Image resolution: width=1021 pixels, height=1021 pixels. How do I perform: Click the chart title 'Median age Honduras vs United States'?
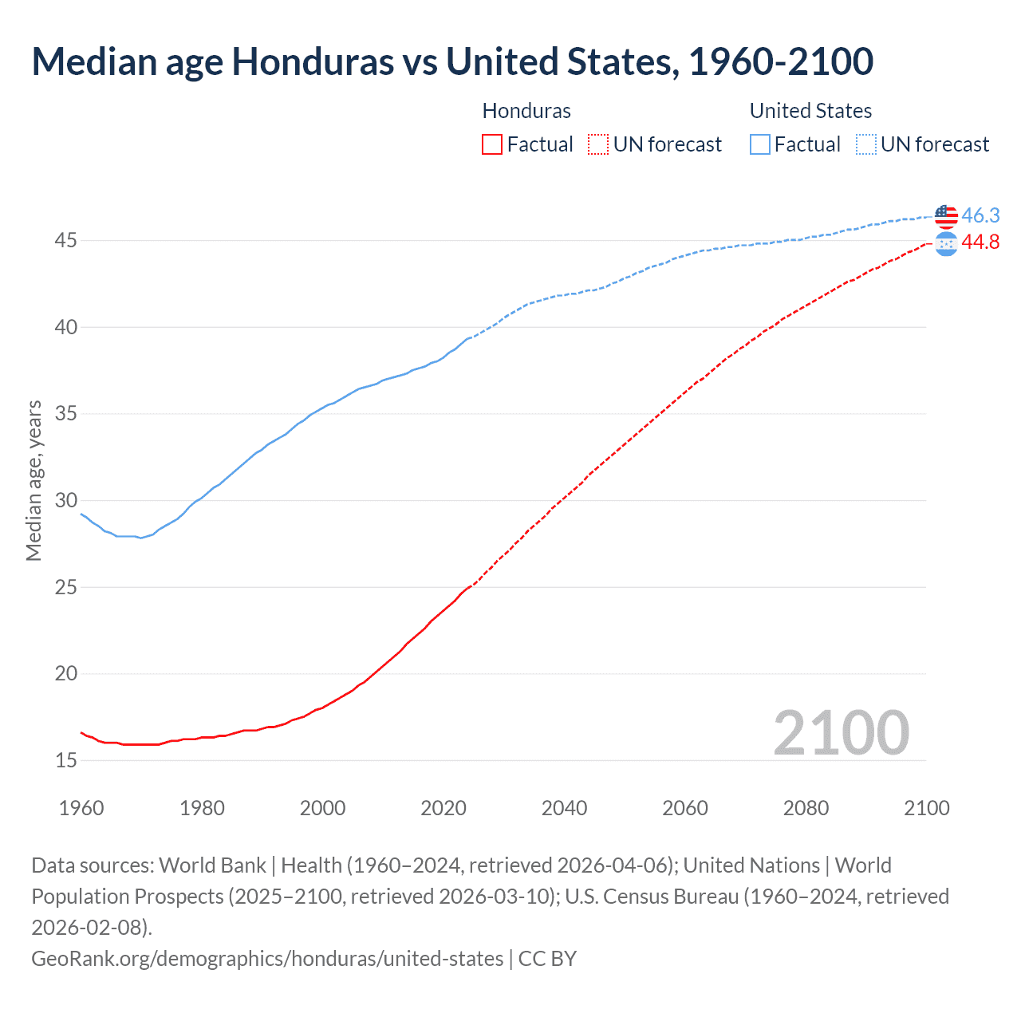click(x=451, y=62)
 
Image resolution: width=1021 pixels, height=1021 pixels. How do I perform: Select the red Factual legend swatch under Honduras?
click(x=492, y=144)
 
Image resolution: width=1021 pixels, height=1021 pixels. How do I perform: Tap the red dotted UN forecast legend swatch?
click(x=597, y=144)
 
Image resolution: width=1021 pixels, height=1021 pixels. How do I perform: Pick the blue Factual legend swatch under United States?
click(x=760, y=144)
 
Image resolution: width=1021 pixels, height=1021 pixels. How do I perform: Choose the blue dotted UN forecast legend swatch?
click(x=865, y=144)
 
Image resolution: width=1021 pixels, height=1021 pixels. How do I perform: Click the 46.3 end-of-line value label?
click(x=980, y=215)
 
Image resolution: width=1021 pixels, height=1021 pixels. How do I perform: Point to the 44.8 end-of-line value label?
click(x=980, y=242)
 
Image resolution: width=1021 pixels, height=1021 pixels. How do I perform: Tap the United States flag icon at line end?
click(x=946, y=215)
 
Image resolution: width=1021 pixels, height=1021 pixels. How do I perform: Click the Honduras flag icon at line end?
click(x=946, y=245)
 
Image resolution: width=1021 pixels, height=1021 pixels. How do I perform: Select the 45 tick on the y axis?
click(x=66, y=241)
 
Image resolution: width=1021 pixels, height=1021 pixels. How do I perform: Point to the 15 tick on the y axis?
click(x=66, y=761)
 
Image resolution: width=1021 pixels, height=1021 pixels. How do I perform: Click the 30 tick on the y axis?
click(x=66, y=501)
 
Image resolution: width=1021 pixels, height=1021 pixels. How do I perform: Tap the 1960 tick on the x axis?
click(x=81, y=808)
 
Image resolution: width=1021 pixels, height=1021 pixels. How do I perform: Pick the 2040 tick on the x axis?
click(x=564, y=808)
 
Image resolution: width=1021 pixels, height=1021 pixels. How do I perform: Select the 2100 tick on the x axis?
click(x=926, y=808)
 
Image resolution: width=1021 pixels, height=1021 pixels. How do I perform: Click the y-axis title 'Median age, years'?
click(x=34, y=481)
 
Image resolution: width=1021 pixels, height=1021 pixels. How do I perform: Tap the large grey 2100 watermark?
click(x=841, y=732)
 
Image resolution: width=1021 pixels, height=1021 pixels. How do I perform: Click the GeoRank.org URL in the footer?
click(x=267, y=958)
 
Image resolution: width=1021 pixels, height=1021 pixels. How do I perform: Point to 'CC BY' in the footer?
click(x=547, y=958)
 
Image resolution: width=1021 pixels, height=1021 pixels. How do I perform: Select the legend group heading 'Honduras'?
click(x=526, y=111)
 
